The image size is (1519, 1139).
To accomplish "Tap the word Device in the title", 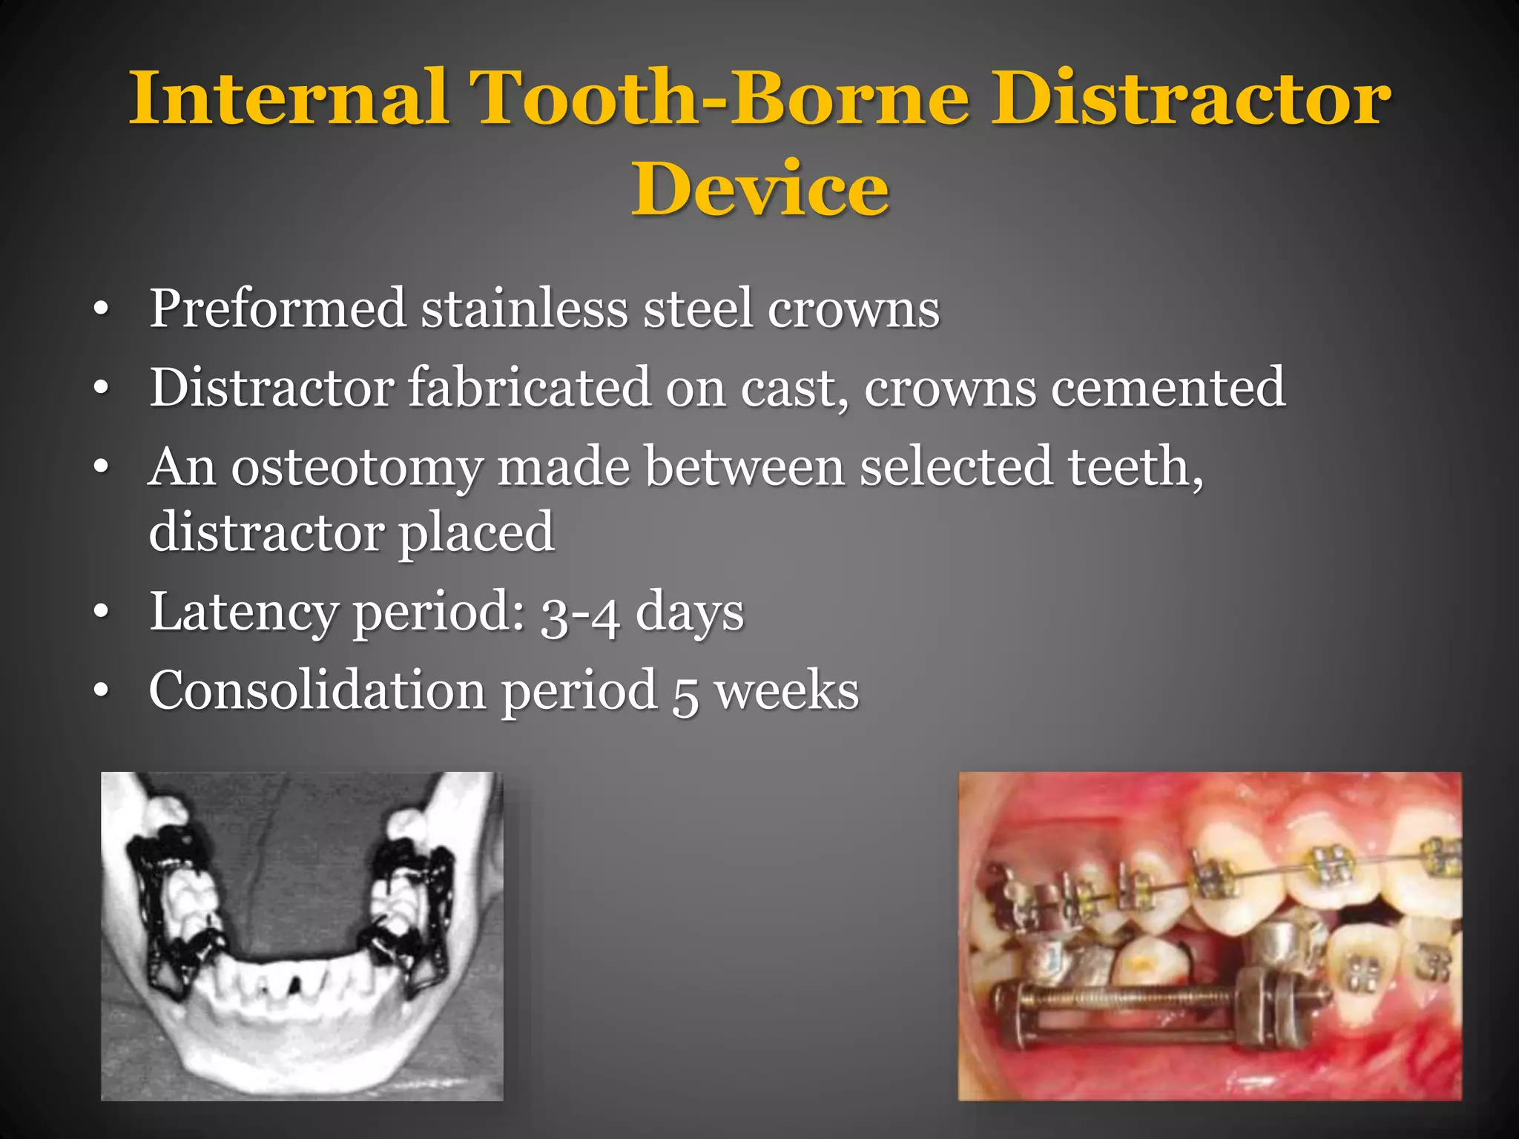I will (x=759, y=190).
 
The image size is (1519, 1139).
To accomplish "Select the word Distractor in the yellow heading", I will (x=1191, y=99).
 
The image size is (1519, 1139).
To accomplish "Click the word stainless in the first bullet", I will (x=524, y=308).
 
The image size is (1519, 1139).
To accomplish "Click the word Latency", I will (x=244, y=613).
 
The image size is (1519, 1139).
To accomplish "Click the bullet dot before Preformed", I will (x=102, y=310).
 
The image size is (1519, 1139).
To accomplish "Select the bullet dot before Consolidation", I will (x=102, y=692).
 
